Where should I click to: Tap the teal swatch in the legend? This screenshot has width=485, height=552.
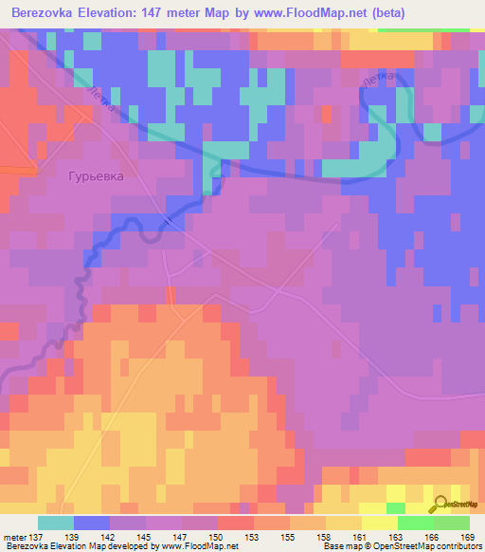(x=55, y=523)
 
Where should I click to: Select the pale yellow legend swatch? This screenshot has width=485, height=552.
(x=379, y=523)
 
